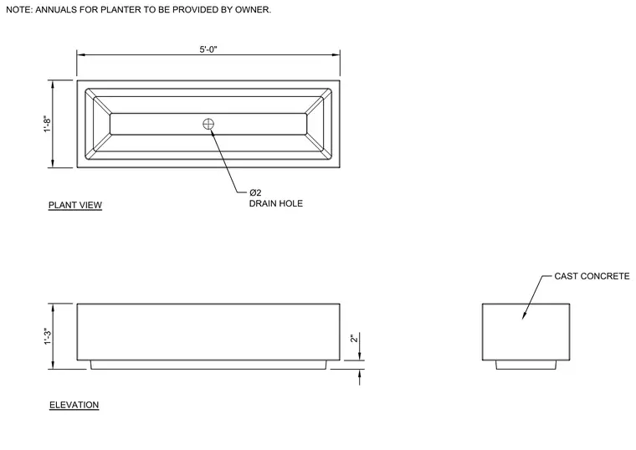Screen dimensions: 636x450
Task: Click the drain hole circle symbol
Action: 208,124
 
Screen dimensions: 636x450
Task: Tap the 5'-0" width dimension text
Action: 208,49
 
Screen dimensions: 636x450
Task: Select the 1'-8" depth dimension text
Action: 48,124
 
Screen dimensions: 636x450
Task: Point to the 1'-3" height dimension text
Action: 48,337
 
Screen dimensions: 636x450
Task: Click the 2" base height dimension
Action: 355,338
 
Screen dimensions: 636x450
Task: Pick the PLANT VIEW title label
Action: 75,205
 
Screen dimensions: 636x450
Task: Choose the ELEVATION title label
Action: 74,405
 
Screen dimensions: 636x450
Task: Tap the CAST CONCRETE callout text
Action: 592,276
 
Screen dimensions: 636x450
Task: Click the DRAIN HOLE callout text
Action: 276,203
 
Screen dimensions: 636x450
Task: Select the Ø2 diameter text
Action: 255,192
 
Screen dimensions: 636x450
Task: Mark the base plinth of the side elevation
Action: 526,365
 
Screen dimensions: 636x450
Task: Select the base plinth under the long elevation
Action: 208,365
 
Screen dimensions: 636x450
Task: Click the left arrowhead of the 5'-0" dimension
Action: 81,54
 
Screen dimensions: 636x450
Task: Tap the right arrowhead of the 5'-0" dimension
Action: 336,54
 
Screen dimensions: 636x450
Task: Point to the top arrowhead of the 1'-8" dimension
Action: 53,84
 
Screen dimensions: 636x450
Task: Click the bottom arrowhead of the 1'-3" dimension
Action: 53,365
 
